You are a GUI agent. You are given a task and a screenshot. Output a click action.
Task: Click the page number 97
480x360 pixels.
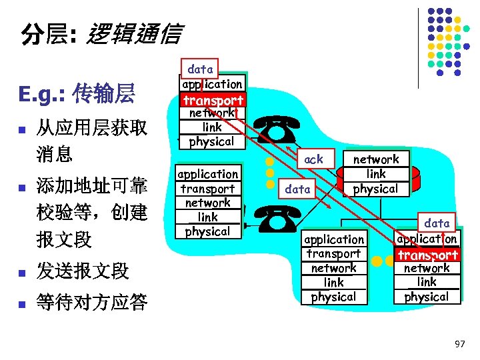click(459, 343)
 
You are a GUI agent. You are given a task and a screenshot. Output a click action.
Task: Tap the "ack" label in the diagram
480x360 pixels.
click(313, 159)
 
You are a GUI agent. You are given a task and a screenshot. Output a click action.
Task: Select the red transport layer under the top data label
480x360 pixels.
click(213, 100)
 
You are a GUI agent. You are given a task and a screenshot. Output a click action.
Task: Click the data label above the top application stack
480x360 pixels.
click(200, 69)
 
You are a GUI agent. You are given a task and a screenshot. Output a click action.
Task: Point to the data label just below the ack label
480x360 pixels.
click(297, 189)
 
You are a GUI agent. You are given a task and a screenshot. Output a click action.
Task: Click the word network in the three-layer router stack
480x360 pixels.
click(376, 159)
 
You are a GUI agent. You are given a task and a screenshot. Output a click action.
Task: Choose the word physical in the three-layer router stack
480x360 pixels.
click(376, 189)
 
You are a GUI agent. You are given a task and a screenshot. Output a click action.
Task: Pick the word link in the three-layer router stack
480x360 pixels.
click(376, 174)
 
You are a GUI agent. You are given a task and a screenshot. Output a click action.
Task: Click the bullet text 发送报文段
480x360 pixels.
click(83, 271)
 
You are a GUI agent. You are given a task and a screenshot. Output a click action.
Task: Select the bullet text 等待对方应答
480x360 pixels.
click(92, 303)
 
